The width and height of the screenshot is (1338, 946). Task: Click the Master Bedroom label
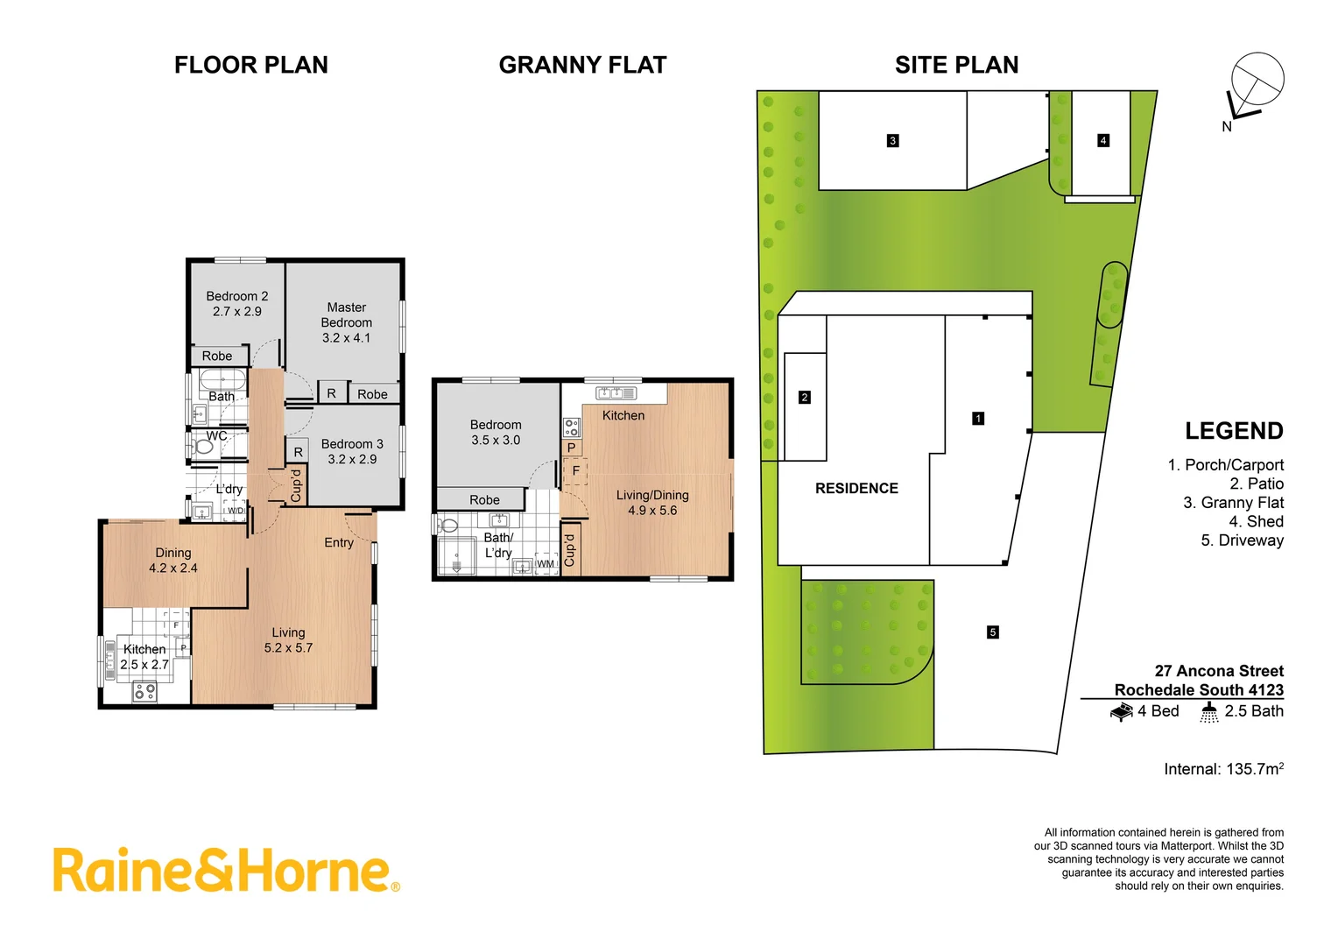[x=347, y=322]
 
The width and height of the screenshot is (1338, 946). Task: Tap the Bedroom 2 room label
[x=237, y=303]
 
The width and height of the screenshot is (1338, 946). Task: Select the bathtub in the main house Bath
[x=222, y=380]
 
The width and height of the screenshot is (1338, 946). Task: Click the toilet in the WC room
[x=203, y=447]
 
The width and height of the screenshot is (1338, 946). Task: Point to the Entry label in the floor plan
[x=339, y=543]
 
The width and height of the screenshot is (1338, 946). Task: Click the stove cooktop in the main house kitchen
[x=144, y=692]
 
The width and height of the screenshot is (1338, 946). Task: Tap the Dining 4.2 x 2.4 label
[x=173, y=561]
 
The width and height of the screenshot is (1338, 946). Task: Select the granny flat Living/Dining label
[x=652, y=503]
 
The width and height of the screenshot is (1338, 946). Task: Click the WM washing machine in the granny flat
[x=546, y=563]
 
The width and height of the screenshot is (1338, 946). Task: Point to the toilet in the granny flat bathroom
[x=448, y=526]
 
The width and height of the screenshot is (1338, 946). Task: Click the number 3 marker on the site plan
[x=892, y=141]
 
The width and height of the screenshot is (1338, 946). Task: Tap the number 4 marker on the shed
[x=1103, y=141]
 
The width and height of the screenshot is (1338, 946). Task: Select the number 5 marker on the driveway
[x=992, y=632]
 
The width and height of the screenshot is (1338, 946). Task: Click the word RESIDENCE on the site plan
[x=856, y=489]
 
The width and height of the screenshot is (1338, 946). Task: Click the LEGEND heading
[x=1234, y=431]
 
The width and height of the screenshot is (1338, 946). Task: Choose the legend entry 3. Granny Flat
[x=1233, y=503]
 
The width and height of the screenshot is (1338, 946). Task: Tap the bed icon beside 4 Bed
[x=1122, y=712]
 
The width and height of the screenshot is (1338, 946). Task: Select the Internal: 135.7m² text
[x=1223, y=769]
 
